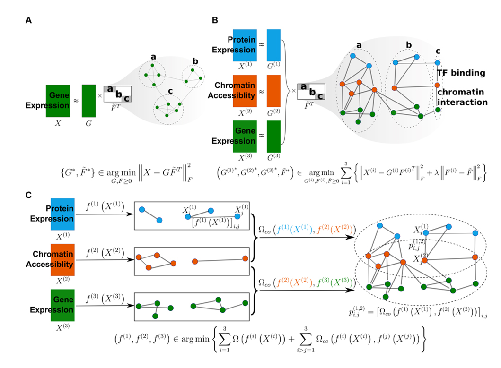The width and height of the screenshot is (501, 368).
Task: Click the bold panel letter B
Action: pos(215,20)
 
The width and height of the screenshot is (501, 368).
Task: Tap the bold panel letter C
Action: pos(29,195)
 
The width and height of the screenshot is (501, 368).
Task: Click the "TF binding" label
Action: pos(461,73)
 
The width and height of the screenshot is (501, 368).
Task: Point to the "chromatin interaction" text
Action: pos(462,97)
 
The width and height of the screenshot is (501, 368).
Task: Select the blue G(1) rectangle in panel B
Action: pos(273,45)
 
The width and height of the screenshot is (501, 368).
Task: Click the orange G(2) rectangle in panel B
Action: pos(273,91)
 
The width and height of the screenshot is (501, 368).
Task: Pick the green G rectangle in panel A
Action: pos(89,101)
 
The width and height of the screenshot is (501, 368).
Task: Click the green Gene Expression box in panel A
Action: pos(58,101)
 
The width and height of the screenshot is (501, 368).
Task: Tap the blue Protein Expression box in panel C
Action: pos(62,214)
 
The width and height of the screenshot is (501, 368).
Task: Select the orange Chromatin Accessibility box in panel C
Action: pos(62,260)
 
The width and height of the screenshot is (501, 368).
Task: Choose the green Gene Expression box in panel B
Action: pos(245,137)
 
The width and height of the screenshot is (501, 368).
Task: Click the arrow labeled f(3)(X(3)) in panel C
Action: pos(105,306)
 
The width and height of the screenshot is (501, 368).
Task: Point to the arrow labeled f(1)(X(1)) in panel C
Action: pos(105,214)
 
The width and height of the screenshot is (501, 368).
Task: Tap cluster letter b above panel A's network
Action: pos(195,61)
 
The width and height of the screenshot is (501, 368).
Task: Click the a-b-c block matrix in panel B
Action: pos(311,92)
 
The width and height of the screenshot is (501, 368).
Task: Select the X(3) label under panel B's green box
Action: pos(245,157)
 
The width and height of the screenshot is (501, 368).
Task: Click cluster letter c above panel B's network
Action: pos(438,51)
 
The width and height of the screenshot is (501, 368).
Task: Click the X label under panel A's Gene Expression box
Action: pos(58,123)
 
